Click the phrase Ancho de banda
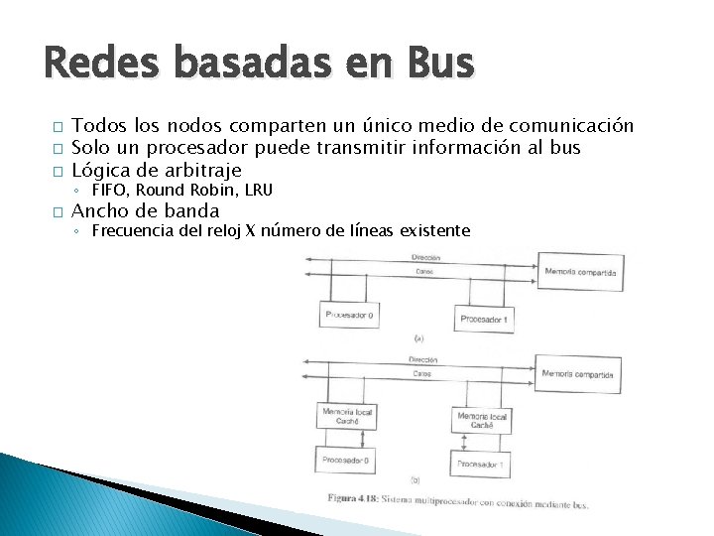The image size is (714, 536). tap(147, 210)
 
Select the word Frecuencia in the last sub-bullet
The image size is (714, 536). tap(131, 231)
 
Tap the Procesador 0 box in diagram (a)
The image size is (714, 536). tap(351, 316)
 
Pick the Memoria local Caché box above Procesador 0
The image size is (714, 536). tap(341, 416)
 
